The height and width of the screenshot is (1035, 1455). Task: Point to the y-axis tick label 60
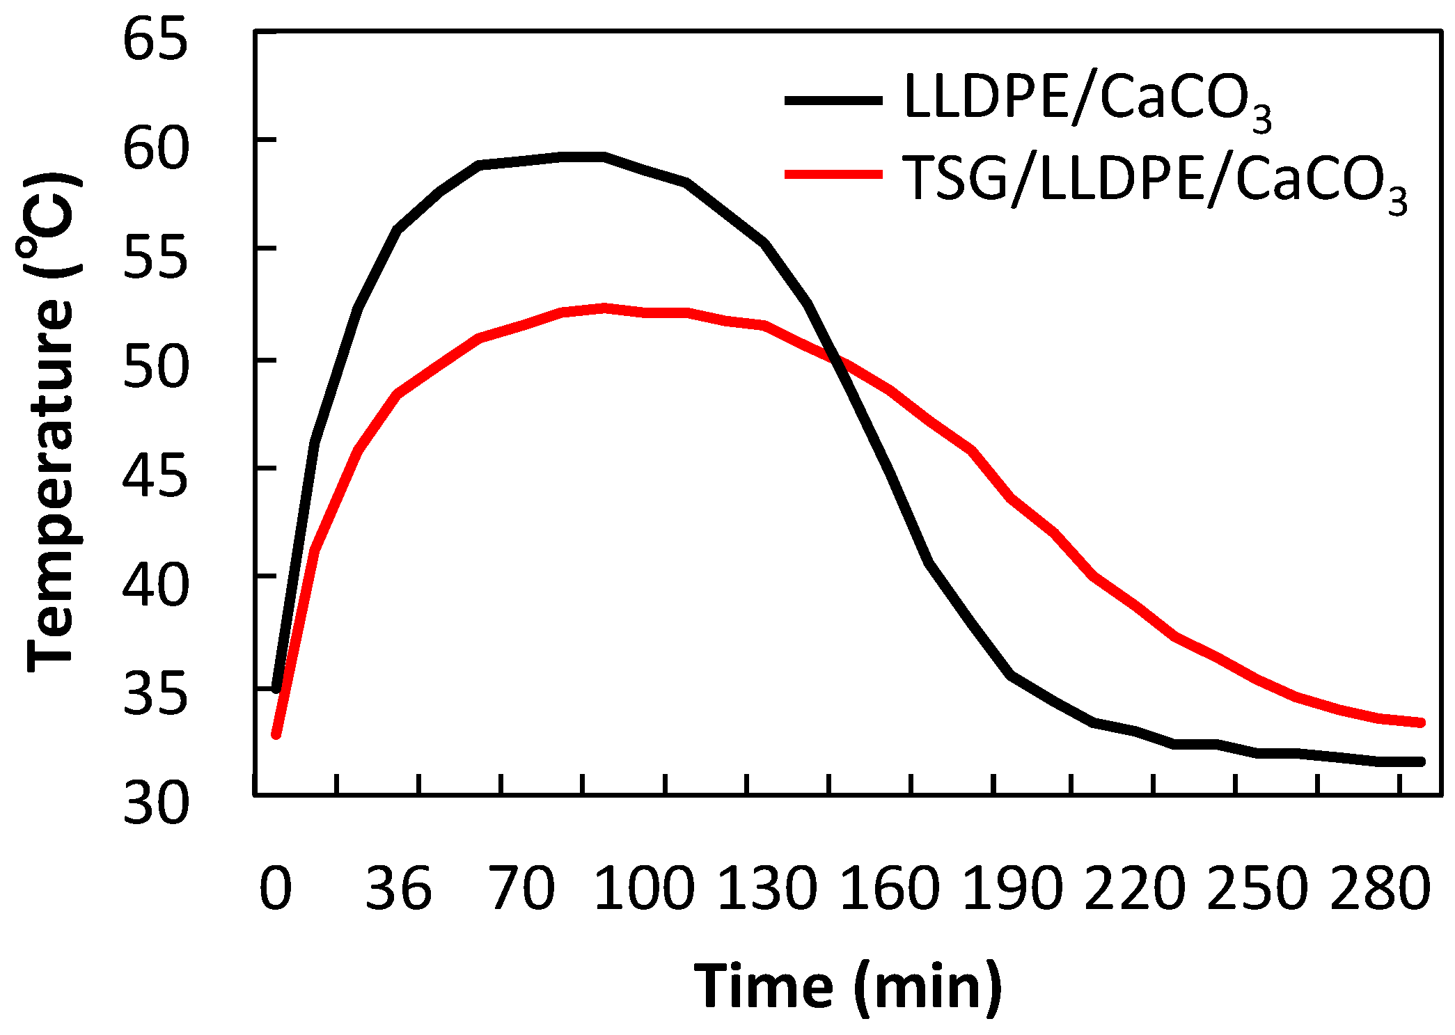pyautogui.click(x=155, y=148)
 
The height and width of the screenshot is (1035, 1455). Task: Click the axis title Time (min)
pyautogui.click(x=848, y=986)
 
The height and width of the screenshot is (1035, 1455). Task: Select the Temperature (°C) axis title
pyautogui.click(x=50, y=421)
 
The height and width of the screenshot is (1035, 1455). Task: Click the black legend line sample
pyautogui.click(x=833, y=100)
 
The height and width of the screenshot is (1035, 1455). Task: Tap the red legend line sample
pyautogui.click(x=833, y=174)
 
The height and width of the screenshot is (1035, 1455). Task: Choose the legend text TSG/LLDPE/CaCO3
pyautogui.click(x=1154, y=180)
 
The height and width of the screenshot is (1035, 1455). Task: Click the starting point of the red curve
pyautogui.click(x=276, y=734)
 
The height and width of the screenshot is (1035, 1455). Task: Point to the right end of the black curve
pyautogui.click(x=1422, y=761)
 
